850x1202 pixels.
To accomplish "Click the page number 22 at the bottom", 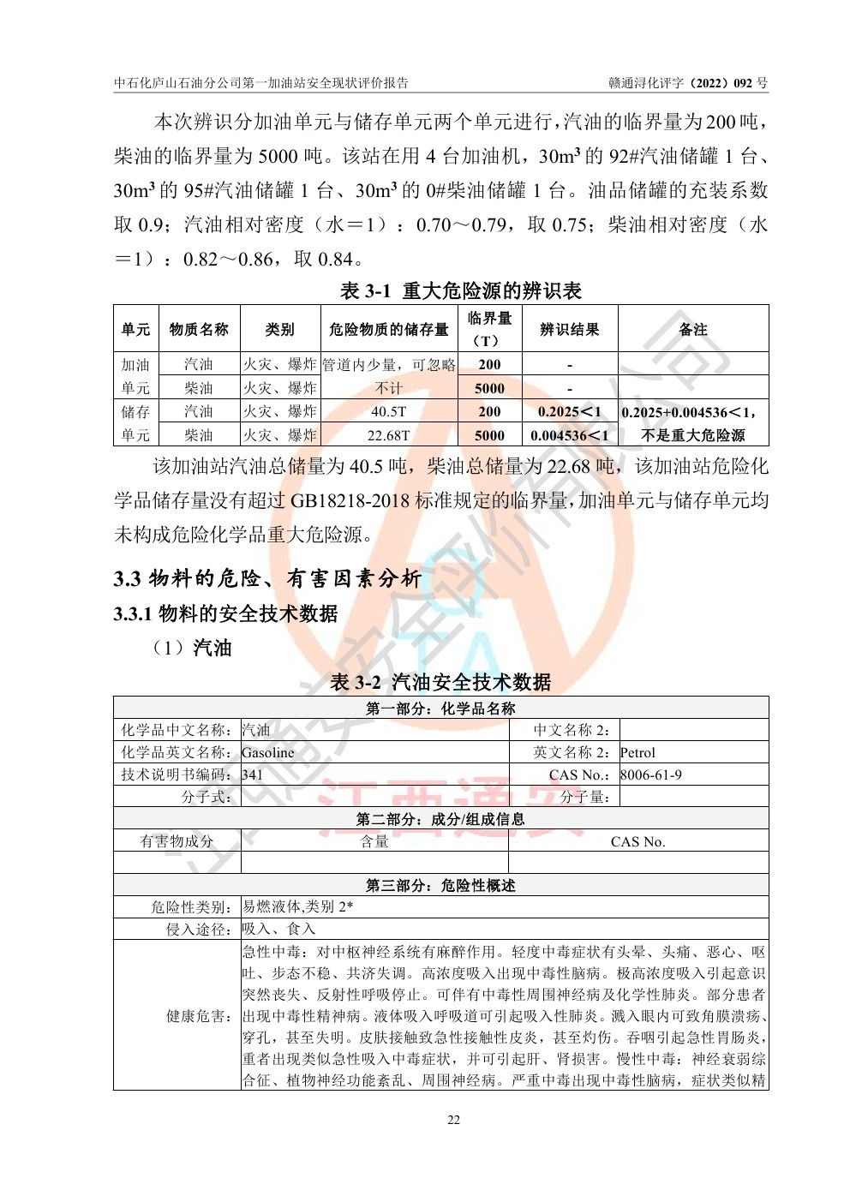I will [453, 1120].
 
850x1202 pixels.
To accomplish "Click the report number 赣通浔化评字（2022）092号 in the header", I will [688, 83].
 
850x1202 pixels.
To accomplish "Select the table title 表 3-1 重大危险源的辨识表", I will [460, 291].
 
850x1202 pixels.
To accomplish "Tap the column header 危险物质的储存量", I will [388, 329].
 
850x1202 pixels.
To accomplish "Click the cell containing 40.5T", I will [388, 412].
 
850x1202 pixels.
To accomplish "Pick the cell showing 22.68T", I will [388, 435].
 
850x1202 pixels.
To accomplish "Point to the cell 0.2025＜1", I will [570, 412].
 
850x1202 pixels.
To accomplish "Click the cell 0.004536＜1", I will [570, 435].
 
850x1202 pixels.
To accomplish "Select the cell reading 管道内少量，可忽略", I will [388, 365].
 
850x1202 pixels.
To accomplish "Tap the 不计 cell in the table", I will [388, 388].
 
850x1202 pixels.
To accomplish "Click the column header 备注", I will [692, 329].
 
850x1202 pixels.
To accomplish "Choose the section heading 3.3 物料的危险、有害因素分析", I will [267, 579].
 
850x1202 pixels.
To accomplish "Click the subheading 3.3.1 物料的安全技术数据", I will [225, 613].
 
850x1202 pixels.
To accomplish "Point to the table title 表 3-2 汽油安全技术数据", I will [440, 682].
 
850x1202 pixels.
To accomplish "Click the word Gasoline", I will [268, 753].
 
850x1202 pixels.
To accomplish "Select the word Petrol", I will [637, 753].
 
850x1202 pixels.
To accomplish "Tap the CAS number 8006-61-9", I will [651, 775].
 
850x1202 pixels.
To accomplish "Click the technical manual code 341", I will [253, 775].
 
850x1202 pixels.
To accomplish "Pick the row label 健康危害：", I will [201, 1016].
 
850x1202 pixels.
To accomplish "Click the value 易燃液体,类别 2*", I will [297, 907].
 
